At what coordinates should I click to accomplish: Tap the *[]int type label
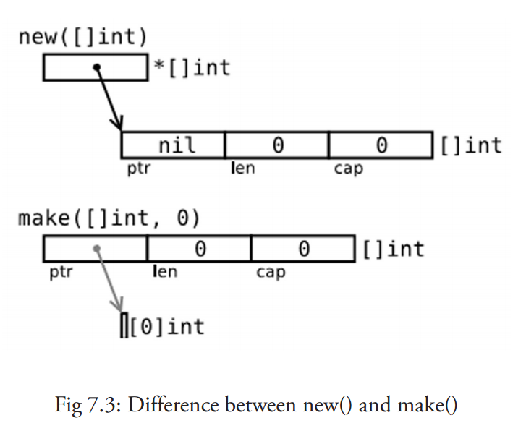click(191, 68)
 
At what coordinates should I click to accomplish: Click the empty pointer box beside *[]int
click(95, 68)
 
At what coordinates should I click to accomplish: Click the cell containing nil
click(174, 145)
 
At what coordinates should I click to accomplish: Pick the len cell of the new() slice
click(276, 145)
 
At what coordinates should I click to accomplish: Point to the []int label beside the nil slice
click(470, 145)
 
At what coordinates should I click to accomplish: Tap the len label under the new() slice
click(242, 168)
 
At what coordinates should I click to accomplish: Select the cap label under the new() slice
click(348, 168)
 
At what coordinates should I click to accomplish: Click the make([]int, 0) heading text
click(109, 218)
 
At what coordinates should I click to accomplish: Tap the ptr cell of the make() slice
click(95, 249)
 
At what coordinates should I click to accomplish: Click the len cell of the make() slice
click(199, 249)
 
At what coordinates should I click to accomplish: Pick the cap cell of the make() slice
click(303, 249)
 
